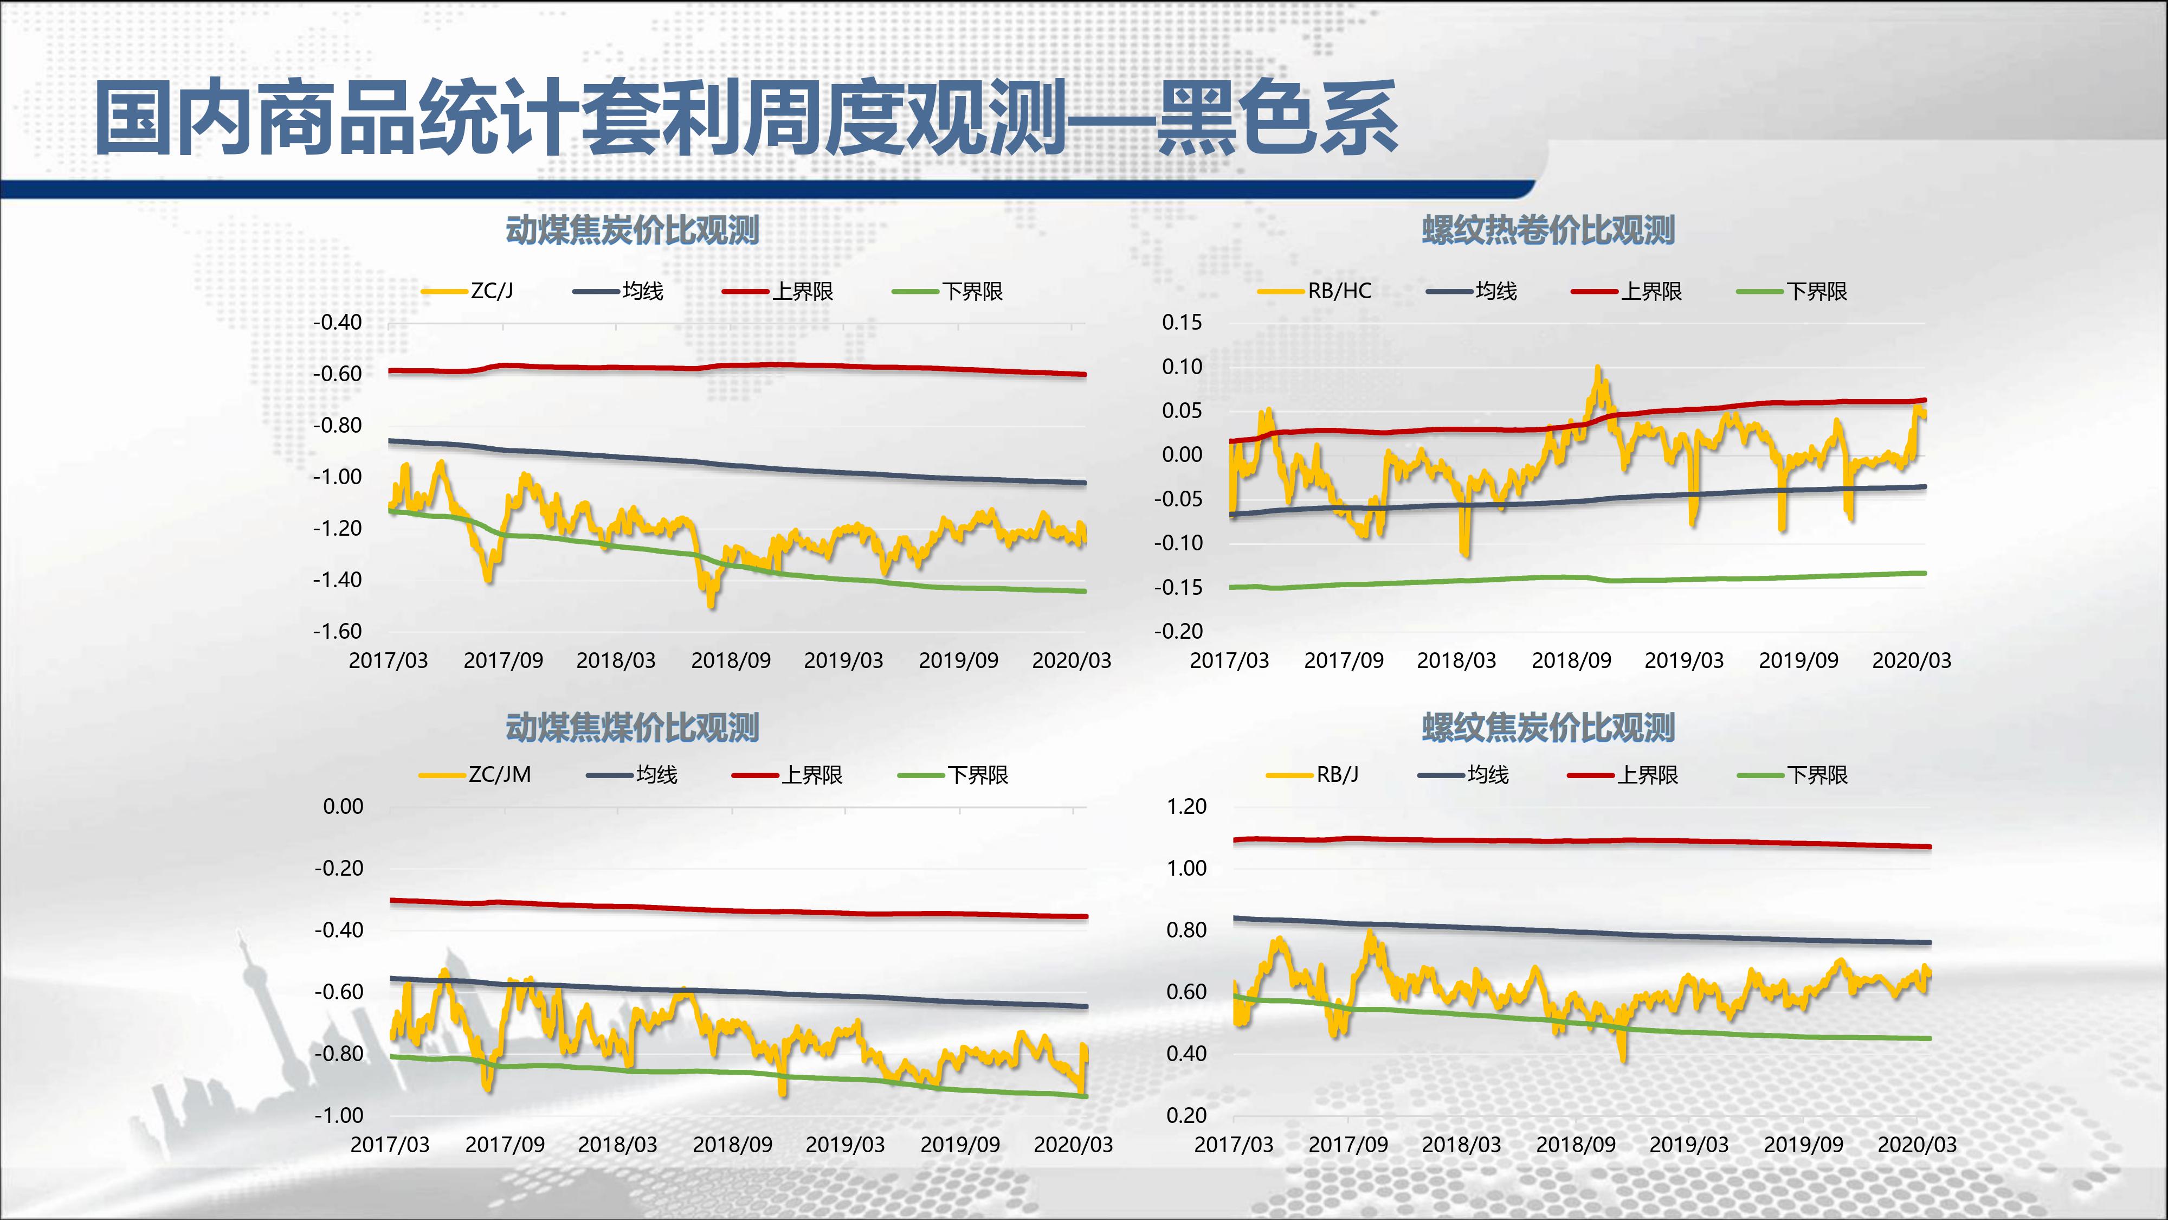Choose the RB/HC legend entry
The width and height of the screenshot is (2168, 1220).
pyautogui.click(x=1339, y=291)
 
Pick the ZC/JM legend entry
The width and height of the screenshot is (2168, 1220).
pyautogui.click(x=499, y=775)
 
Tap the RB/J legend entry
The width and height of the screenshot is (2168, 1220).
pyautogui.click(x=1337, y=775)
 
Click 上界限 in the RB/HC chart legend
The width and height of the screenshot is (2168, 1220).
pyautogui.click(x=1651, y=291)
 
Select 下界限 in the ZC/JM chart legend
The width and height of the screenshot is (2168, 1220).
pyautogui.click(x=977, y=775)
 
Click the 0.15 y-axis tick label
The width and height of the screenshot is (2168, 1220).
pyautogui.click(x=1183, y=323)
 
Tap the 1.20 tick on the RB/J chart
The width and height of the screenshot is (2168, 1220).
pyautogui.click(x=1186, y=807)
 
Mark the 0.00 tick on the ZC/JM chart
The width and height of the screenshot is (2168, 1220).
pyautogui.click(x=344, y=807)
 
